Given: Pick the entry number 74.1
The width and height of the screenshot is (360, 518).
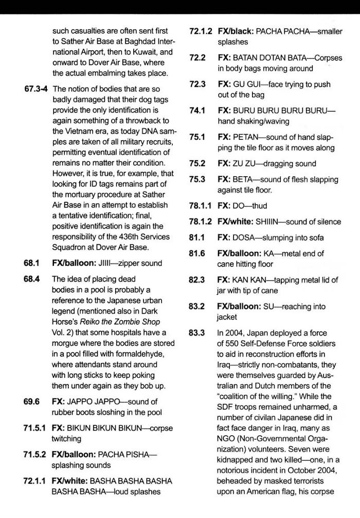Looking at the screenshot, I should (x=197, y=110).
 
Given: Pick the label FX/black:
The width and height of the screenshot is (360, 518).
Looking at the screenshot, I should (x=237, y=31).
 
